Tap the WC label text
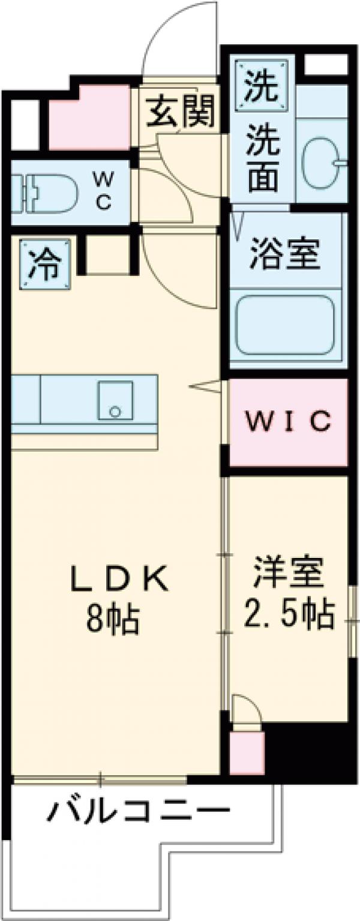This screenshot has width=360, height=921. click(x=103, y=190)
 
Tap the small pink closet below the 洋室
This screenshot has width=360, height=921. click(x=247, y=752)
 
